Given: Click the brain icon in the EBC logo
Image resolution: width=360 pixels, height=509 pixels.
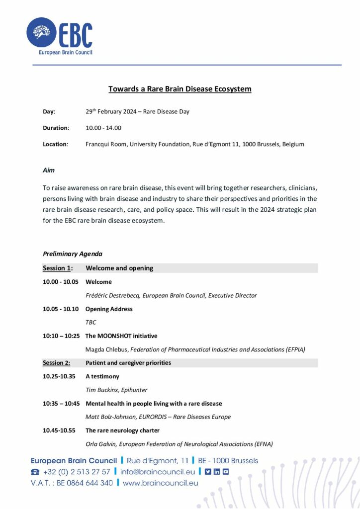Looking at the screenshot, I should coord(41,33).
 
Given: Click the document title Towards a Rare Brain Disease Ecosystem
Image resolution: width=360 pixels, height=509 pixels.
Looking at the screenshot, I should coord(180,89).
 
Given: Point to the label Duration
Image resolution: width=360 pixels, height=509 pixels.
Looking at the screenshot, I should coord(55,128).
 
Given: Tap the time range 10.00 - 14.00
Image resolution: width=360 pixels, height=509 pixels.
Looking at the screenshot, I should coord(103,128).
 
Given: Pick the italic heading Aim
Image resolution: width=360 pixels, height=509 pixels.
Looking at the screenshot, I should coord(49,170).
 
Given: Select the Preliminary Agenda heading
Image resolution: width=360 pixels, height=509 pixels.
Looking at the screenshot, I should coord(73,254).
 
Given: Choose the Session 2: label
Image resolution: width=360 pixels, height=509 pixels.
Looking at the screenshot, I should coord(57,363).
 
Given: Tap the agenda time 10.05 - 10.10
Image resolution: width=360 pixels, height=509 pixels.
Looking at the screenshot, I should coord(61,309).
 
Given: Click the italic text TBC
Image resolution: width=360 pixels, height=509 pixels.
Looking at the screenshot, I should coord(91,322).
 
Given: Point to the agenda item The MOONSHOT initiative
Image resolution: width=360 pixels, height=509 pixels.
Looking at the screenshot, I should coord(121,336).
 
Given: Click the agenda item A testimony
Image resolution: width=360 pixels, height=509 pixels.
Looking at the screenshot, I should coord(102,376).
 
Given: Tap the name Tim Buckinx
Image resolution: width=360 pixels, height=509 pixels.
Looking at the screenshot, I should coord(103,390).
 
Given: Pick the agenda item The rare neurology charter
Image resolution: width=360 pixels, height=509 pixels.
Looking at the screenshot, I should coord(122,430).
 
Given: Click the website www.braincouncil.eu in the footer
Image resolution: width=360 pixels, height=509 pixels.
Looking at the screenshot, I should coord(161,483).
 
